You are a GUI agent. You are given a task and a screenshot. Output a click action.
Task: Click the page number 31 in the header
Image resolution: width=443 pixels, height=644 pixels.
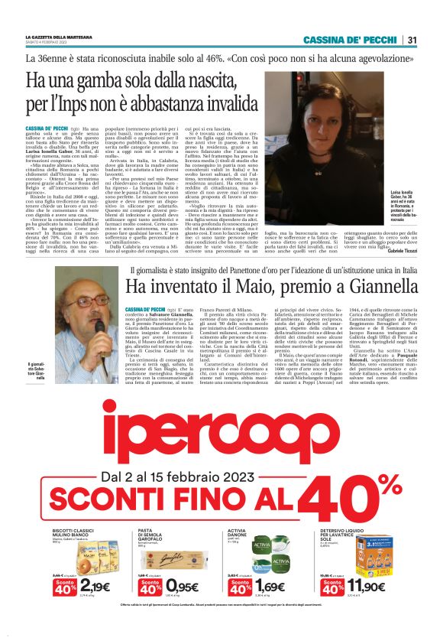click(412, 40)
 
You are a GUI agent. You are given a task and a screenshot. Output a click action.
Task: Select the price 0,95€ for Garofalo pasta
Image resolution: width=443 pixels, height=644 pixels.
click(181, 587)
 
